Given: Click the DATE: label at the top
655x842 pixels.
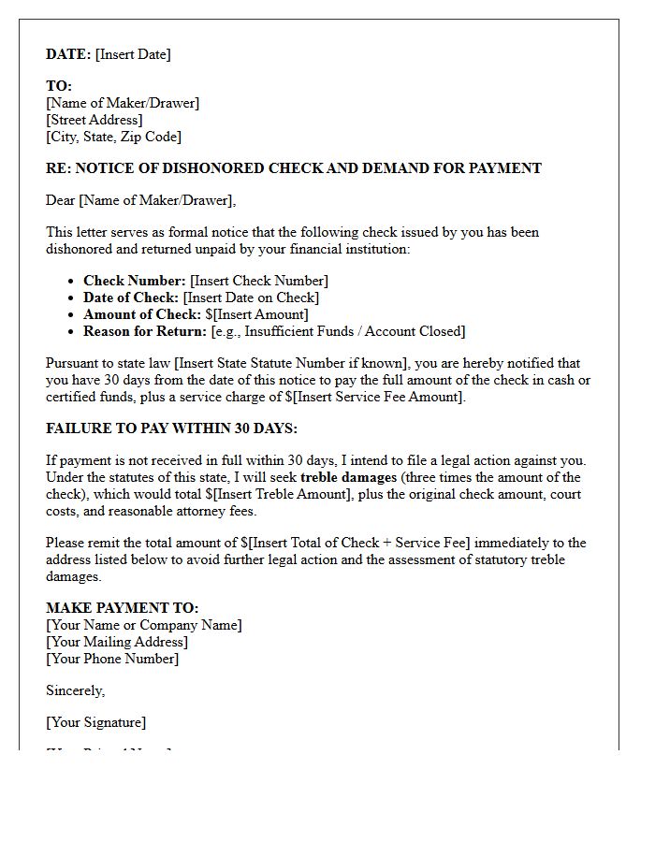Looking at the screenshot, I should [x=68, y=54].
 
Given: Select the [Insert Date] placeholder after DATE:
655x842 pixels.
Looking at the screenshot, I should [x=133, y=54].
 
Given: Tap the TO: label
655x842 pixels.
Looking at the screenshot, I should [x=59, y=86].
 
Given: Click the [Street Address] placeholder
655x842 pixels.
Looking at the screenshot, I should [x=95, y=120].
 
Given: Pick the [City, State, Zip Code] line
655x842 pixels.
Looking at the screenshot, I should [x=113, y=137].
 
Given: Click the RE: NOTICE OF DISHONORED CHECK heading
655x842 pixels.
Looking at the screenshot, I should [x=293, y=168].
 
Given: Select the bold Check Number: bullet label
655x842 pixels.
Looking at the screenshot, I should [x=135, y=281].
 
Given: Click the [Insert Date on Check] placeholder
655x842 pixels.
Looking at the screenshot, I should [x=251, y=298].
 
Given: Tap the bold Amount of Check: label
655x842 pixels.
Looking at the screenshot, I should [x=142, y=314].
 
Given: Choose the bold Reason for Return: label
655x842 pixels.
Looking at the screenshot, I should [x=145, y=331].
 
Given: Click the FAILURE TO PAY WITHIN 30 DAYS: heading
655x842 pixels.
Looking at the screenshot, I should [x=171, y=428].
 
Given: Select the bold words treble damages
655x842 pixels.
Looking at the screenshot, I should [x=343, y=477].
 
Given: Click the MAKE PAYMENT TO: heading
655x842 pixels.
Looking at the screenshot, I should [x=123, y=608].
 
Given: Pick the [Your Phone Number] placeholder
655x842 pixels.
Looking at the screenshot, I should [x=112, y=659].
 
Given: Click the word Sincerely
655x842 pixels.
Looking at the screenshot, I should [x=75, y=690].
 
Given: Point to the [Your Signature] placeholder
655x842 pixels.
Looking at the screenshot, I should [x=95, y=722].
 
